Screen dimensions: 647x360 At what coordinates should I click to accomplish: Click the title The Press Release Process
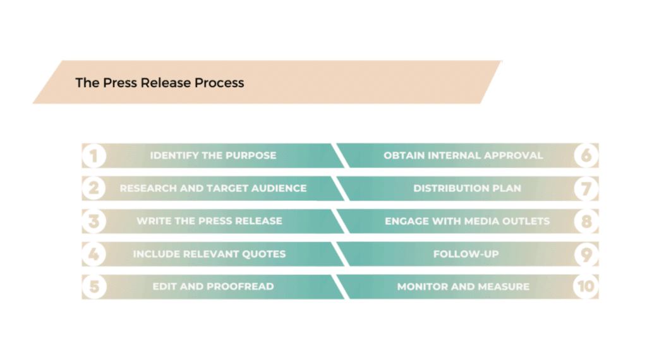point(159,83)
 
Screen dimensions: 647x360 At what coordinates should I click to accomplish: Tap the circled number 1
point(94,156)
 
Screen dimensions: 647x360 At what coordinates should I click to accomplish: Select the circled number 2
point(94,188)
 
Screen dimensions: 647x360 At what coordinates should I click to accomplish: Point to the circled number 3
point(94,222)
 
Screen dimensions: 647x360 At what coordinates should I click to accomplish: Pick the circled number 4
point(94,254)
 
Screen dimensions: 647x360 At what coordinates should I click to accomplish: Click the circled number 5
point(94,287)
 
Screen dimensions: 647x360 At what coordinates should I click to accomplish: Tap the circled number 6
point(586,156)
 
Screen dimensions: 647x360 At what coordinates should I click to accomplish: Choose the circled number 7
point(586,188)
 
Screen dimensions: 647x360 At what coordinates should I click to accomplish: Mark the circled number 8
point(586,222)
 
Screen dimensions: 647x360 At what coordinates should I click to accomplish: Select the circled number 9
point(586,254)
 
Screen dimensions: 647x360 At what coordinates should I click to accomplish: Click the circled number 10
point(586,287)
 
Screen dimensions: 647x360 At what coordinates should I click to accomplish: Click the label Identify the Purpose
point(213,155)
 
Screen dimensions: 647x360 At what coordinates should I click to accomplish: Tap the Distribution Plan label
point(467,188)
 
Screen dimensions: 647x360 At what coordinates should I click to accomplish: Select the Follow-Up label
point(466,254)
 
